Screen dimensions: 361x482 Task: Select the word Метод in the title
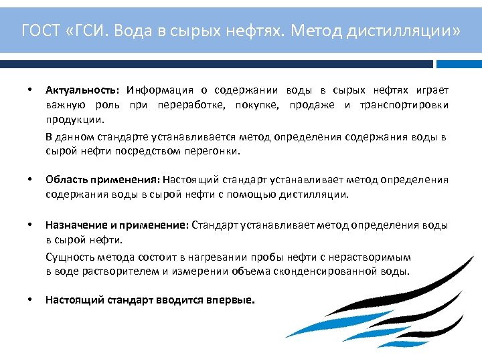point(316,30)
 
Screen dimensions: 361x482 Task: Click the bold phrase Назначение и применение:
point(117,225)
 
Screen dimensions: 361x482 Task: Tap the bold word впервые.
point(232,300)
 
